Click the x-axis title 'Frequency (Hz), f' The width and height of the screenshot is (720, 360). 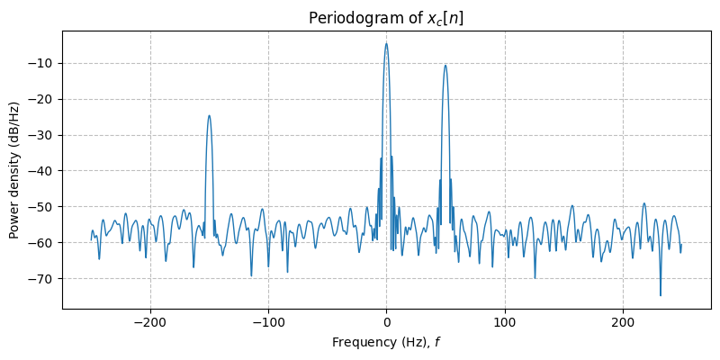(x=386, y=342)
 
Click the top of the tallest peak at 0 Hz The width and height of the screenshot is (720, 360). (x=386, y=43)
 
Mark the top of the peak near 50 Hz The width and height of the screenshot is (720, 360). (x=445, y=65)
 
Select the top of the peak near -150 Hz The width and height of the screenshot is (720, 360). (x=209, y=115)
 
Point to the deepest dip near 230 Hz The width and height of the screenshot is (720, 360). (x=661, y=295)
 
